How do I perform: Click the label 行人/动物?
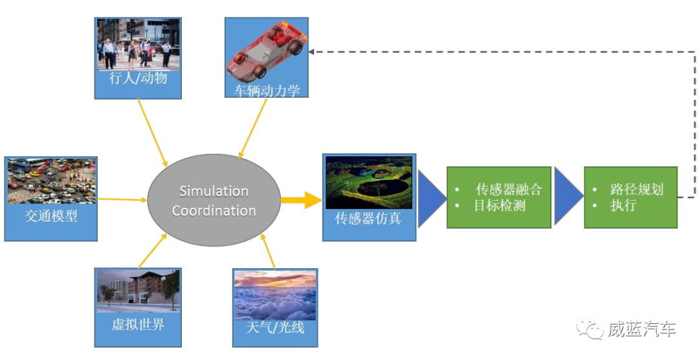(x=138, y=78)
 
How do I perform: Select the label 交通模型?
(x=50, y=216)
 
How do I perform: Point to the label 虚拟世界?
(x=138, y=324)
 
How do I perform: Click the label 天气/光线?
(x=275, y=328)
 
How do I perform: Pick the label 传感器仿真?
(x=368, y=218)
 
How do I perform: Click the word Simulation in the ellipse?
(x=214, y=191)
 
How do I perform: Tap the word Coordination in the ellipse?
(x=214, y=210)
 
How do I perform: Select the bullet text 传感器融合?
(x=509, y=190)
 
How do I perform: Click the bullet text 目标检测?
(x=499, y=206)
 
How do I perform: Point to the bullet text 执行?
(x=623, y=206)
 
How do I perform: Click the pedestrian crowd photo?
(x=138, y=43)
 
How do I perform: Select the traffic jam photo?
(x=50, y=180)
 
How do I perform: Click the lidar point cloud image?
(x=368, y=183)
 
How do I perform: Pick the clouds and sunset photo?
(x=275, y=295)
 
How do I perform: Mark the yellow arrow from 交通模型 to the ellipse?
(x=122, y=199)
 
